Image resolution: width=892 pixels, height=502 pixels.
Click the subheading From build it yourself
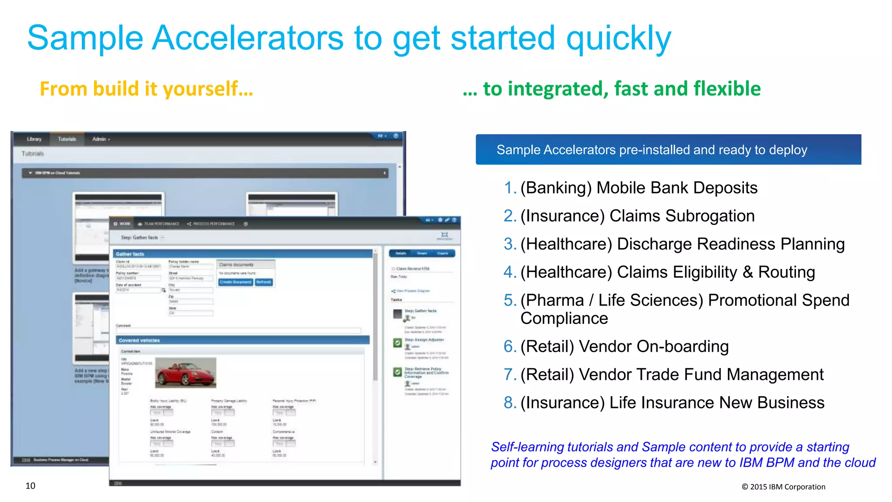(146, 89)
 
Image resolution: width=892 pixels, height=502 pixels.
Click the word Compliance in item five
(564, 319)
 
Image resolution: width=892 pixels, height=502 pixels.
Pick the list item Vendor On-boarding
(624, 346)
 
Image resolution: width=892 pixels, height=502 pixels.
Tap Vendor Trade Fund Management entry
(672, 375)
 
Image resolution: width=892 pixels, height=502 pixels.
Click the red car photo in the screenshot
(186, 373)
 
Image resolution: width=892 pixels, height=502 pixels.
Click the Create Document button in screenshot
(235, 282)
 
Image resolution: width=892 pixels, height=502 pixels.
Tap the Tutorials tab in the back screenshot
(67, 139)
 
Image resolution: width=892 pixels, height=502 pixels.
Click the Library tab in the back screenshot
(34, 139)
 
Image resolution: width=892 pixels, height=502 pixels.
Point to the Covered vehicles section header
(139, 340)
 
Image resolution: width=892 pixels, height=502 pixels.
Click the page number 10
(30, 486)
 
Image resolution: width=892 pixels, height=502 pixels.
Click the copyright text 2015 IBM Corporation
(784, 487)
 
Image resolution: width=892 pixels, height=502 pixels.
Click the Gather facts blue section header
(130, 254)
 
